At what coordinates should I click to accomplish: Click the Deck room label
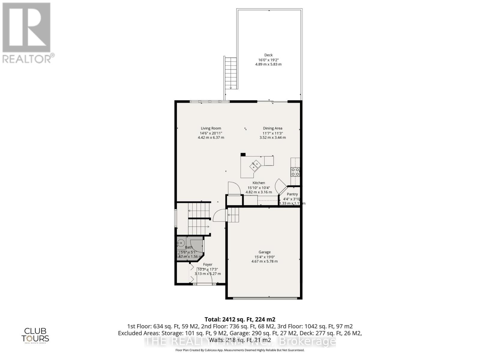click(x=268, y=55)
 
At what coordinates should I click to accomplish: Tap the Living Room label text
click(x=211, y=128)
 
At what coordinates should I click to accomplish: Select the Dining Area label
click(x=272, y=128)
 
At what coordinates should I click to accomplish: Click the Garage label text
click(x=264, y=252)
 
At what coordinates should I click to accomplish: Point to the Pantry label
click(x=292, y=194)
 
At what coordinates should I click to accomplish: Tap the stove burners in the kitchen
click(x=295, y=172)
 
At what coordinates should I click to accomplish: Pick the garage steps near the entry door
click(x=234, y=215)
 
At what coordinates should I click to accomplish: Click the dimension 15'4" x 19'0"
click(x=264, y=257)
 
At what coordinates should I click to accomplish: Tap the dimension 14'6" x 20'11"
click(x=211, y=133)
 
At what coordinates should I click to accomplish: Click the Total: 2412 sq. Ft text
click(x=240, y=319)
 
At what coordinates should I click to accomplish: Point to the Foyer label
click(x=208, y=264)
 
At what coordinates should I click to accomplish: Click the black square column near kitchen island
click(x=243, y=154)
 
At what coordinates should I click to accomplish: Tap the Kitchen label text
click(x=259, y=183)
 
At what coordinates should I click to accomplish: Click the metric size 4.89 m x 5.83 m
click(x=268, y=64)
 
